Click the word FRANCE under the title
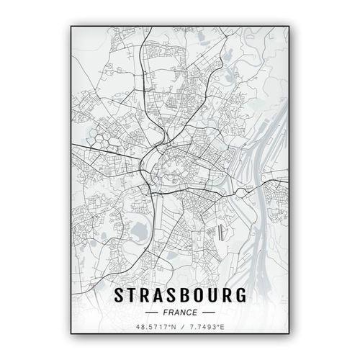coord(179,312)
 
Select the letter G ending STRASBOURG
coord(240,296)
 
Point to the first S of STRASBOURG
coord(120,296)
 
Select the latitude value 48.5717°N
coord(150,328)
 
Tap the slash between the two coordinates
coord(180,328)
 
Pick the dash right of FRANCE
coord(207,312)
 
